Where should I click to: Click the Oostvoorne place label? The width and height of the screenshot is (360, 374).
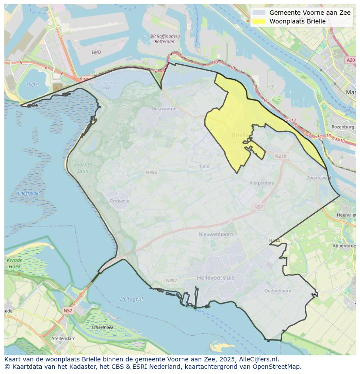point(163,109)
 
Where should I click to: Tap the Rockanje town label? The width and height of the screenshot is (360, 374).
point(120,201)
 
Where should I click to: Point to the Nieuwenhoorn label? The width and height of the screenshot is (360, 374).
point(215,234)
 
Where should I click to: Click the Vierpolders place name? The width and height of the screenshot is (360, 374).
point(261,183)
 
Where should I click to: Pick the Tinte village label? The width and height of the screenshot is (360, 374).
point(204,166)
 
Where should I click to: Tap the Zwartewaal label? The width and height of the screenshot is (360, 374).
point(319,178)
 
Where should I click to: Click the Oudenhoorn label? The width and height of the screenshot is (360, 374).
point(278,291)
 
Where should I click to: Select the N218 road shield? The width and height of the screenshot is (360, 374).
point(281,156)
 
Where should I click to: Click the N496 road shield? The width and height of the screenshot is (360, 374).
point(151,172)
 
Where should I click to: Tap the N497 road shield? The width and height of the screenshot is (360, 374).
point(171,281)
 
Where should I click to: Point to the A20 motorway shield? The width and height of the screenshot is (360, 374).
point(351,60)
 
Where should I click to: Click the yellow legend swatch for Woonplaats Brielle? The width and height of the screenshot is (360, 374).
point(259,21)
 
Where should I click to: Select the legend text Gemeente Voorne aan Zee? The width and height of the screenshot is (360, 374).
point(310,13)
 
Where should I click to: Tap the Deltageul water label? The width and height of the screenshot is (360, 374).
point(131,299)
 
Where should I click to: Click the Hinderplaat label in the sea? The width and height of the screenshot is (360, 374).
point(28,193)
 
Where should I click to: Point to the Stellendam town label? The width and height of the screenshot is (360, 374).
point(63,338)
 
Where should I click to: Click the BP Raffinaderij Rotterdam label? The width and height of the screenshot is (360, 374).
point(163,39)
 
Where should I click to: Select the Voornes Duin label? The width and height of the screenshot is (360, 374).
point(83,168)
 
